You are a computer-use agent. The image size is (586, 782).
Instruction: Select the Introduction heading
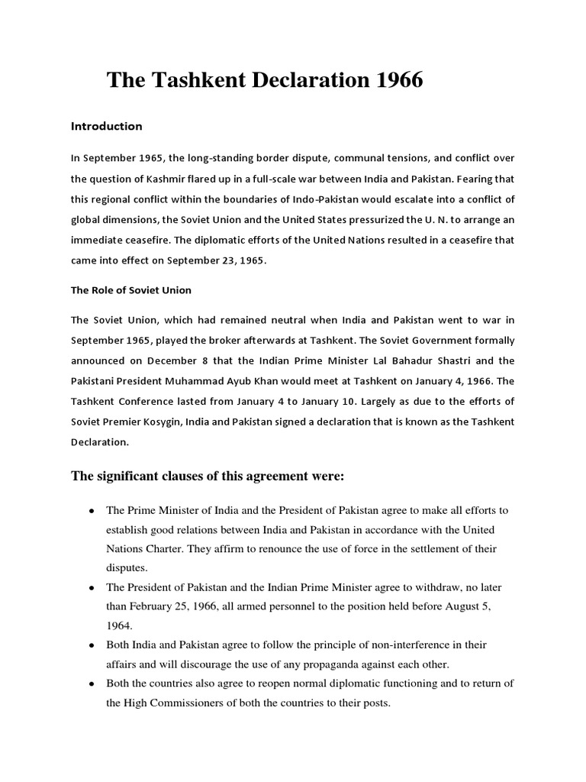[106, 126]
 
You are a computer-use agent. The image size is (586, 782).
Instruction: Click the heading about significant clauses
[208, 477]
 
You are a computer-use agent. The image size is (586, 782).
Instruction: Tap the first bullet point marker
[92, 510]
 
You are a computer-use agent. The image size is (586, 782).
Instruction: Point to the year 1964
[119, 625]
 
